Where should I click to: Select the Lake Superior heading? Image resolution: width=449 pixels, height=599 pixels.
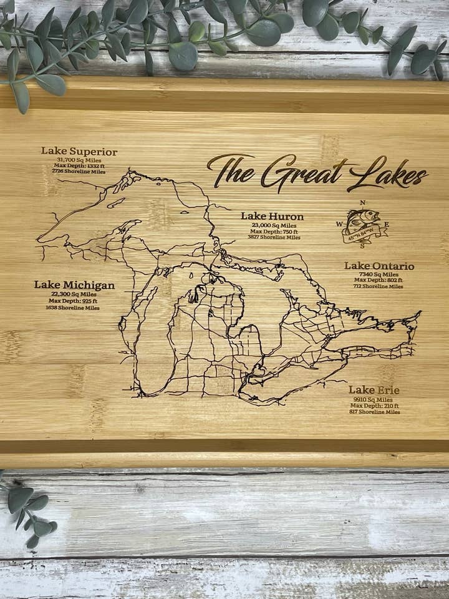coord(79,151)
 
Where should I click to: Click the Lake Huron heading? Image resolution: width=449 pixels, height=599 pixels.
coord(273,217)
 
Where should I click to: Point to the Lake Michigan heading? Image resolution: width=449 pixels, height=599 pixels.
coord(74,285)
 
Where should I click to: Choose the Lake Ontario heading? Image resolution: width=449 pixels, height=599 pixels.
coord(379,266)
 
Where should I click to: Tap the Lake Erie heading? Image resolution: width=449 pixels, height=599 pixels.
coord(374,390)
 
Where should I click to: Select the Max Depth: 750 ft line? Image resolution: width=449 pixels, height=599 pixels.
coord(273,231)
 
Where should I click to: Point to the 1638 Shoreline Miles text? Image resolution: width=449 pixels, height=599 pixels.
coord(73,308)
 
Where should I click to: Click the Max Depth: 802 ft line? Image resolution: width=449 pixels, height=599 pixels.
coord(379,280)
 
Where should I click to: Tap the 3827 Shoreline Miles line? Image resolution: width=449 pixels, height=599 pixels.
coord(273,237)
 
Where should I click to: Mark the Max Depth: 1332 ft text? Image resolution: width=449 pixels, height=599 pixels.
coord(79,165)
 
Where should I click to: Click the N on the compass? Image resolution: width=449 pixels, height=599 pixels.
coord(363,203)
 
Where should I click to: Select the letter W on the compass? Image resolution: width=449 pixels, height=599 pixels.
coord(340,223)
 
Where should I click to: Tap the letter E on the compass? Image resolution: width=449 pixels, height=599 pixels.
coord(386,224)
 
